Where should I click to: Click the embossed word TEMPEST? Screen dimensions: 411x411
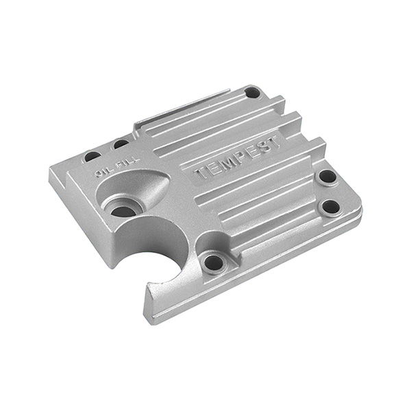click(238, 158)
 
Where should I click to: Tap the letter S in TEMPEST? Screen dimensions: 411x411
click(262, 147)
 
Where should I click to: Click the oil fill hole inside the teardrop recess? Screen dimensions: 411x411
click(123, 211)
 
